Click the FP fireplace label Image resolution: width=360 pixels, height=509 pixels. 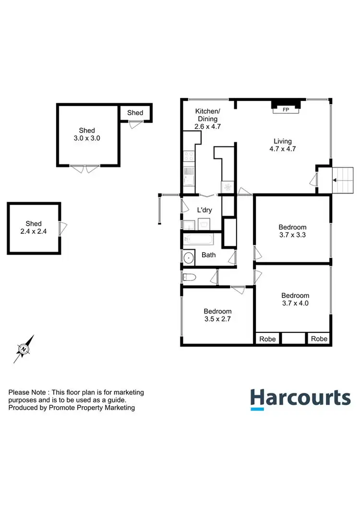pyautogui.click(x=286, y=110)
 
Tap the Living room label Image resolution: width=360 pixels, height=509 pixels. pyautogui.click(x=283, y=145)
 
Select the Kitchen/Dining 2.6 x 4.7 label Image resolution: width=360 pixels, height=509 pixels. pyautogui.click(x=206, y=119)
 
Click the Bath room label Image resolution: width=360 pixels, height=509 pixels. pyautogui.click(x=208, y=255)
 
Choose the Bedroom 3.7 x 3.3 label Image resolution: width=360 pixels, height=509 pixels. pyautogui.click(x=292, y=231)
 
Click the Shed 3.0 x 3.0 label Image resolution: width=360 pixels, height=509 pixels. pyautogui.click(x=87, y=134)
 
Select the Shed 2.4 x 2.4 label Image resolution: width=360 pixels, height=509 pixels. pyautogui.click(x=34, y=227)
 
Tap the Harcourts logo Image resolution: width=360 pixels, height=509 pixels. pyautogui.click(x=300, y=399)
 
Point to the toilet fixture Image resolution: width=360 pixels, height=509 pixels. pyautogui.click(x=189, y=277)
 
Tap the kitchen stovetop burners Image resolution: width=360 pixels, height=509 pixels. pyautogui.click(x=188, y=156)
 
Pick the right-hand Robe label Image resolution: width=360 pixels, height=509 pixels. pyautogui.click(x=319, y=339)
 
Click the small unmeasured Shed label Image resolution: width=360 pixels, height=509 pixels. pyautogui.click(x=135, y=113)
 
